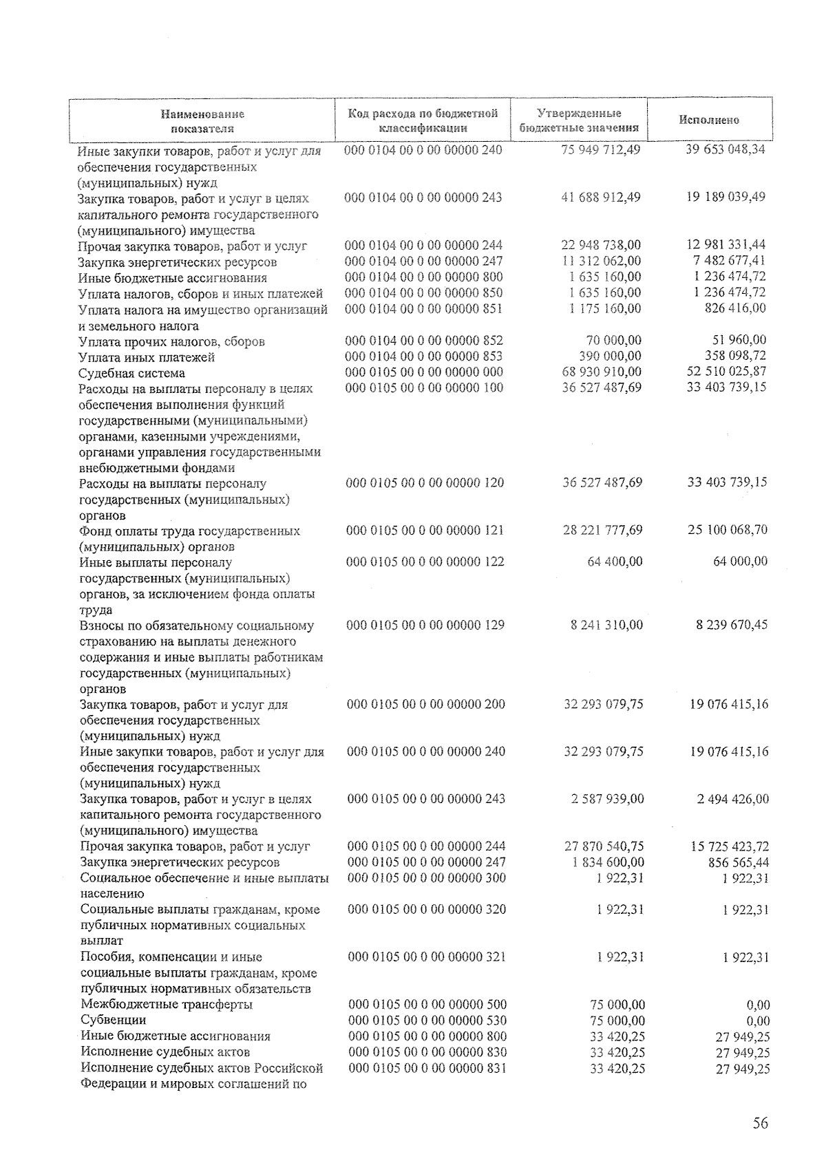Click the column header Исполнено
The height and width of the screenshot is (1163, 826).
709,120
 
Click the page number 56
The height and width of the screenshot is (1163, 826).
760,1124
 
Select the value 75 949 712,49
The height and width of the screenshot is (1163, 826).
602,149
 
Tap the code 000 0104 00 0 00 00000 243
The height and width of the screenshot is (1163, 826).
423,198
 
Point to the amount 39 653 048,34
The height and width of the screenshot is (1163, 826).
726,149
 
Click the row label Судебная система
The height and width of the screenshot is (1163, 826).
132,373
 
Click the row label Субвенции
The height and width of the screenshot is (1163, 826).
114,1020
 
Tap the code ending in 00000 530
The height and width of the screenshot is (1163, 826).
428,1021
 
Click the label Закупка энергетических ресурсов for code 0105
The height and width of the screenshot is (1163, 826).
180,862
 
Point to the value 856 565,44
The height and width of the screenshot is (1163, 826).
738,862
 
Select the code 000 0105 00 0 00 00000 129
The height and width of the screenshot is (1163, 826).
426,625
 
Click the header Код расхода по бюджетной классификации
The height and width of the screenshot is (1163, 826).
423,120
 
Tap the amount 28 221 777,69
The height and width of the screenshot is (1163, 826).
603,530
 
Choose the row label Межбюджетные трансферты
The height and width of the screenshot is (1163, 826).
167,1004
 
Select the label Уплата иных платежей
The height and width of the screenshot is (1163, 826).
147,357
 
